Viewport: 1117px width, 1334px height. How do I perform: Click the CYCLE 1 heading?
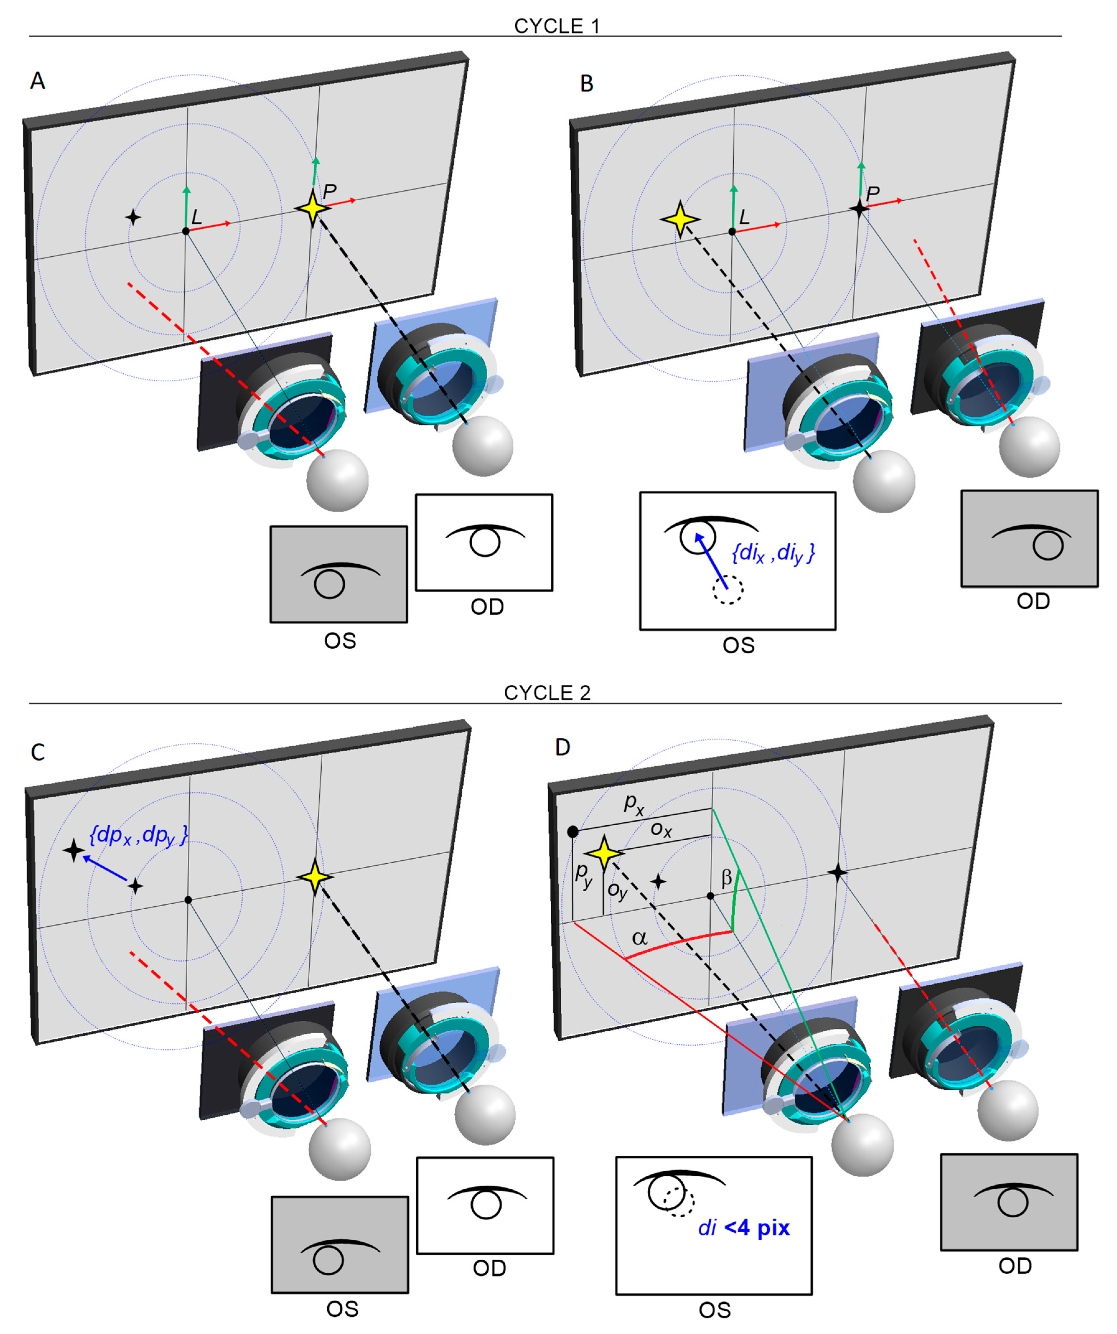click(557, 26)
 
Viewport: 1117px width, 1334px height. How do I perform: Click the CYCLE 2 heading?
click(547, 693)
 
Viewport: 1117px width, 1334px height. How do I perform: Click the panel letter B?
click(587, 83)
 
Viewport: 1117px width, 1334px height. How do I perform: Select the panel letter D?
click(562, 747)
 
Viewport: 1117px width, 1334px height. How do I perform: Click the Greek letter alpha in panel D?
click(639, 938)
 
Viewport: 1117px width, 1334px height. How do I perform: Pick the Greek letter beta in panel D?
click(726, 878)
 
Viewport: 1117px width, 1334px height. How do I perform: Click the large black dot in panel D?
click(573, 832)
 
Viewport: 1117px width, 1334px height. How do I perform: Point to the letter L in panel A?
click(196, 217)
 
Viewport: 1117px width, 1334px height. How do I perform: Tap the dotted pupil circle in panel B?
click(727, 590)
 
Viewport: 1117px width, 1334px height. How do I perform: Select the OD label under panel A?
click(487, 607)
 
